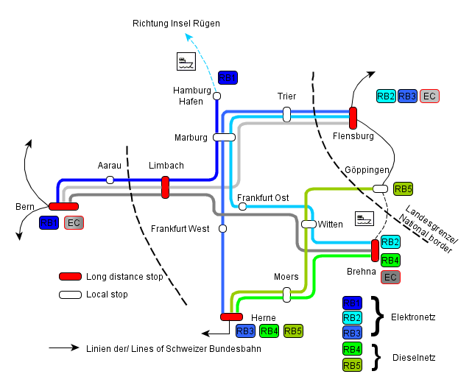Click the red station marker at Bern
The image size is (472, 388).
click(x=63, y=206)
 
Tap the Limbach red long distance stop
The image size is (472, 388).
click(x=165, y=187)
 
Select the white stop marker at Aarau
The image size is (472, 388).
click(x=110, y=180)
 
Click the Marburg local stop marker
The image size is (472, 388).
click(x=224, y=137)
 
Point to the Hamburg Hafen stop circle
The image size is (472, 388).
click(x=216, y=96)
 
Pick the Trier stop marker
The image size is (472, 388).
click(x=286, y=114)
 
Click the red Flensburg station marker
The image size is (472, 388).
click(x=353, y=118)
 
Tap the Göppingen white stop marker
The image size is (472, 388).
click(x=381, y=188)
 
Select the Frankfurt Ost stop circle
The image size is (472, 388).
click(x=242, y=206)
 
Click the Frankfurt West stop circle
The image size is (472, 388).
click(x=222, y=229)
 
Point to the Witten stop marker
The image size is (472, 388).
click(x=309, y=223)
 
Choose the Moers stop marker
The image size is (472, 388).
click(x=286, y=294)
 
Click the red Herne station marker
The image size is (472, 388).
click(x=231, y=317)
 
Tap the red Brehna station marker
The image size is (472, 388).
click(x=375, y=250)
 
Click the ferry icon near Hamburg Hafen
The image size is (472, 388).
click(x=186, y=62)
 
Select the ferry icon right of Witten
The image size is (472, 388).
click(x=364, y=219)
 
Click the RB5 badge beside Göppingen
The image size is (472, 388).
click(x=404, y=188)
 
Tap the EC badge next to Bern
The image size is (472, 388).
click(x=74, y=222)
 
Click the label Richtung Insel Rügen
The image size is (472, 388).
click(x=176, y=24)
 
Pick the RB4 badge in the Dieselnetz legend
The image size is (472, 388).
click(x=353, y=348)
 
